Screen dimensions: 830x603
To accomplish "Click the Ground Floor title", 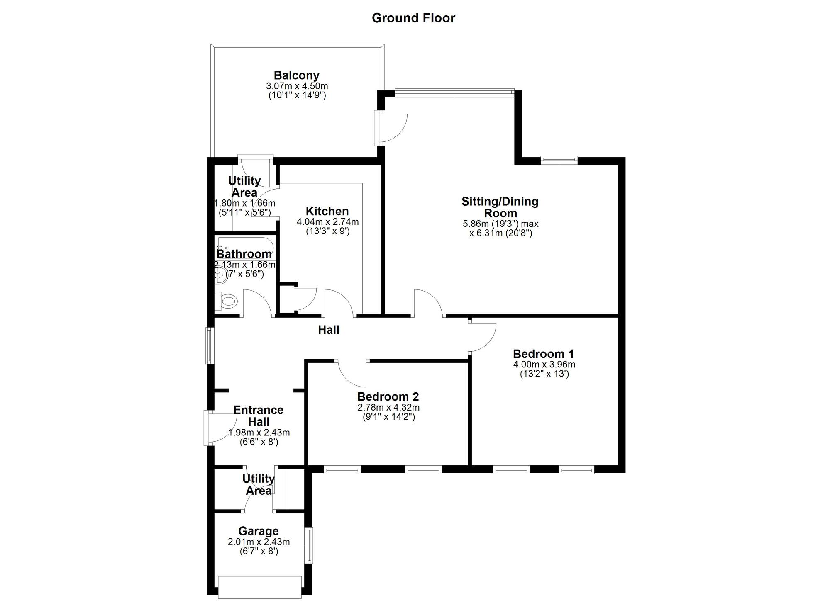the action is (x=413, y=18).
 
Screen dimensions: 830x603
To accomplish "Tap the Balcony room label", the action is (x=297, y=75).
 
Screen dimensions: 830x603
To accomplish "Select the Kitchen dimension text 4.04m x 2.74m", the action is (x=328, y=222).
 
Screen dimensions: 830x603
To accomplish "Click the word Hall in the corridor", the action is (x=329, y=330).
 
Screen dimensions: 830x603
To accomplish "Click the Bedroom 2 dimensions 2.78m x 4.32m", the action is (x=388, y=408).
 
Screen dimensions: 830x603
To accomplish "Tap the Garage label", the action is (x=259, y=531).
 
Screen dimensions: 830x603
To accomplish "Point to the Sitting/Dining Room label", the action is (x=500, y=207).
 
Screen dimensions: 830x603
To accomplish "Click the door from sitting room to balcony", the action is (x=390, y=128).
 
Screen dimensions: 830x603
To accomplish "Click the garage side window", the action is (x=308, y=545).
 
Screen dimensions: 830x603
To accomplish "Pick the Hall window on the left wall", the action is (x=210, y=346).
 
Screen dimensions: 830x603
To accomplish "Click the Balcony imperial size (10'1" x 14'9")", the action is (x=297, y=95).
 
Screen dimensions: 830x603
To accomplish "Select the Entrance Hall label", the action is (x=259, y=416).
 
